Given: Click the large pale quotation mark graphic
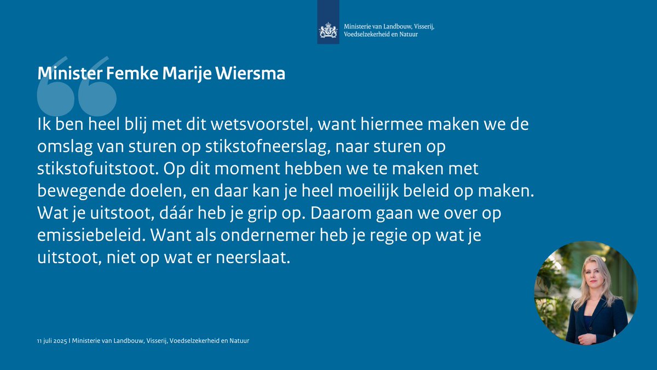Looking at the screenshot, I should pyautogui.click(x=77, y=88).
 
